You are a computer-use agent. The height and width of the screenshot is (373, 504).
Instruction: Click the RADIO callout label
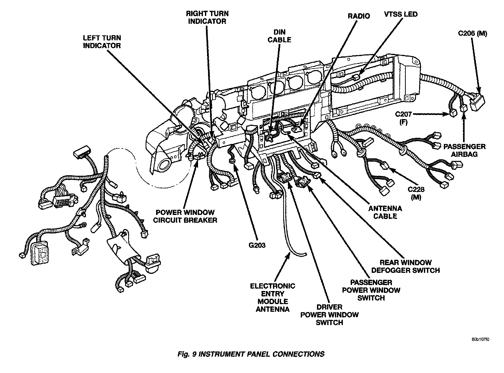click(x=359, y=16)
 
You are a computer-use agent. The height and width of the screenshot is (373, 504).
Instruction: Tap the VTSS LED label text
click(x=401, y=14)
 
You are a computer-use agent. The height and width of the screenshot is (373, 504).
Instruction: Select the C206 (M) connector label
click(x=473, y=34)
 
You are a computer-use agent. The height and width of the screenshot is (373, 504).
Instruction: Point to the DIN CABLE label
click(x=279, y=36)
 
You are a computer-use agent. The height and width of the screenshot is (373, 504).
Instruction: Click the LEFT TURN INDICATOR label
click(x=102, y=42)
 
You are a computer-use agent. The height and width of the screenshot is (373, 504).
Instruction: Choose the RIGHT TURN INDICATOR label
click(x=207, y=17)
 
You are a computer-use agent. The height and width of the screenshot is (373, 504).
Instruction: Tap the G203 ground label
click(x=257, y=245)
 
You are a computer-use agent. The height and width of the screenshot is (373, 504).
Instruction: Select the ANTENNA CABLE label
click(x=385, y=212)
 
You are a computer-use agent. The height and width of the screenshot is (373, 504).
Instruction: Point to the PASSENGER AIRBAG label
click(x=464, y=150)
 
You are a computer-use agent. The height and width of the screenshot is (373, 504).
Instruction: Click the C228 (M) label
click(x=416, y=193)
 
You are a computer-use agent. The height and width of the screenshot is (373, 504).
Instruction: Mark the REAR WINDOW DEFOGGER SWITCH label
click(x=406, y=266)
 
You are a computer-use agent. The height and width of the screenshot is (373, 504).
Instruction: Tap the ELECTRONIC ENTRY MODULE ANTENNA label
click(x=272, y=297)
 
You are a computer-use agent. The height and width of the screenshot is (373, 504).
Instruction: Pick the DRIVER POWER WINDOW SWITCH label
click(x=329, y=315)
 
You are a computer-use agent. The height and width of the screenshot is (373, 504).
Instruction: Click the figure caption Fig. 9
click(x=251, y=354)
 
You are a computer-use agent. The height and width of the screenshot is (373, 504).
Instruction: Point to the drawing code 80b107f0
click(x=480, y=340)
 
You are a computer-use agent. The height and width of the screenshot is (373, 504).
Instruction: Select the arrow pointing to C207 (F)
click(x=430, y=114)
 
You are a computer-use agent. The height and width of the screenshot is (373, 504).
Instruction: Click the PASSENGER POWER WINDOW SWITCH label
click(x=371, y=290)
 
